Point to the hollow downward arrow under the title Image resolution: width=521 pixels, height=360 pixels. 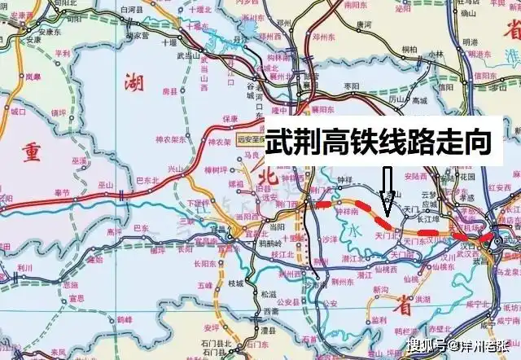[388, 186]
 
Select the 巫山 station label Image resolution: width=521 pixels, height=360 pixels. [107, 186]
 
